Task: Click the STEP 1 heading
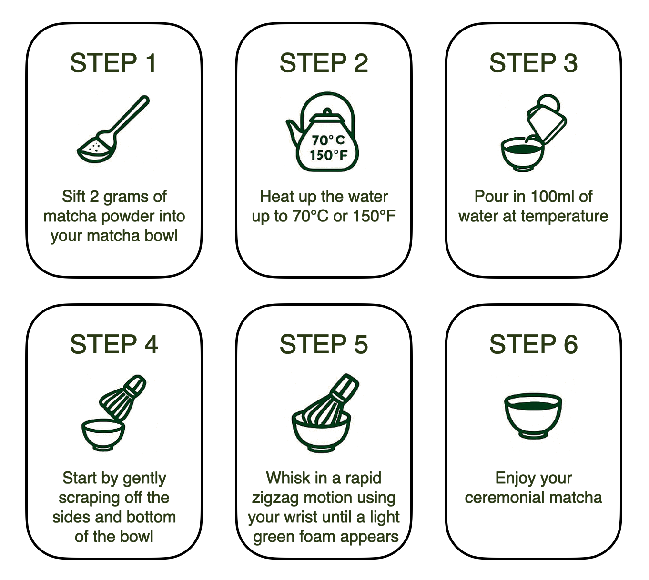[113, 63]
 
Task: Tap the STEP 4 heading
[114, 344]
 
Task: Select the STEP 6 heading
[533, 344]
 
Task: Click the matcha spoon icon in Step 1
[113, 129]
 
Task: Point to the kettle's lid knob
[327, 111]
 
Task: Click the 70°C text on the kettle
[328, 140]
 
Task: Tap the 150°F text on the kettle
[328, 155]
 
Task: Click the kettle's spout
[294, 131]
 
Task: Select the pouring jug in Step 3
[546, 119]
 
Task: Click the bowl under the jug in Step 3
[522, 154]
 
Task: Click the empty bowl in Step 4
[103, 435]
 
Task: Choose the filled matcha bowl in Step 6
[533, 415]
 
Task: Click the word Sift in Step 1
[74, 196]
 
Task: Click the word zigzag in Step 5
[275, 498]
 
